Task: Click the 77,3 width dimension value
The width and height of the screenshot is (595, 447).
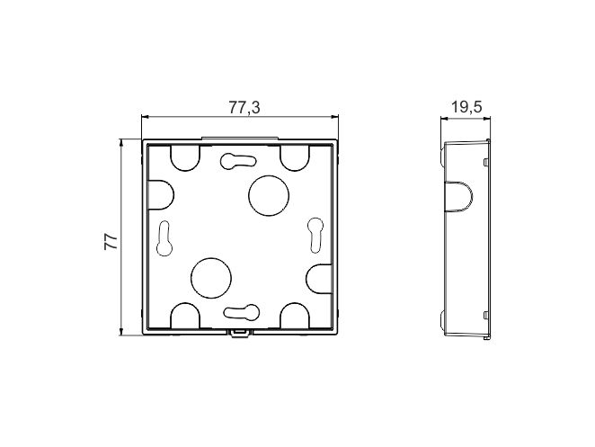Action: (244, 107)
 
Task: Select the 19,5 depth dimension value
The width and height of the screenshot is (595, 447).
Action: (466, 107)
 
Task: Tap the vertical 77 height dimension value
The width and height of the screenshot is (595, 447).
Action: (111, 241)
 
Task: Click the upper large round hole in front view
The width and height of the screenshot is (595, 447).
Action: (269, 195)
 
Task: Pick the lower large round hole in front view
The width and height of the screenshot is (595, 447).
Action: (211, 278)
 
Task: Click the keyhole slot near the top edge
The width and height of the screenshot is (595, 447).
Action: (238, 160)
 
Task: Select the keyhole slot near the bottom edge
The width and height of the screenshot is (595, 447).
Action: (242, 311)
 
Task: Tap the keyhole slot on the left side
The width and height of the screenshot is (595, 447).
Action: (164, 238)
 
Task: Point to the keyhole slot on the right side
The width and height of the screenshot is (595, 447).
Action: (315, 235)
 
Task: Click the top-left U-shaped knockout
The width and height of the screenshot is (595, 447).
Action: (185, 158)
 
